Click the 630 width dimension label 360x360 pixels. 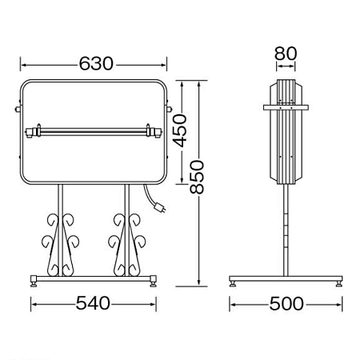point(96,64)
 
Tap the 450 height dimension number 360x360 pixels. point(180,130)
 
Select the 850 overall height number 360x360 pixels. point(197,177)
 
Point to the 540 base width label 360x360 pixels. point(93,303)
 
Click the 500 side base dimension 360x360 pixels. point(286,303)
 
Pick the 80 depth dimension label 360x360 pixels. point(286,54)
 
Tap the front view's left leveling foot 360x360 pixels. point(34,282)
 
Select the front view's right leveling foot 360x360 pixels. point(153,282)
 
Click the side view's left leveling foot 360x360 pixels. point(233,283)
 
